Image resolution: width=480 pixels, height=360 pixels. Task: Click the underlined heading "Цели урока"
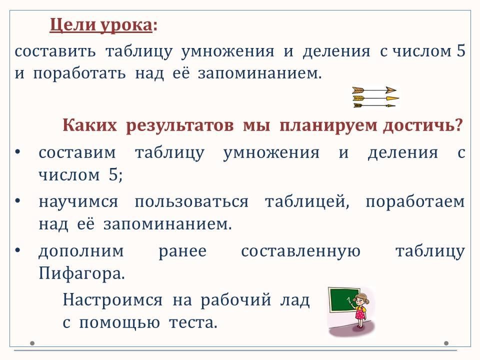(x=100, y=25)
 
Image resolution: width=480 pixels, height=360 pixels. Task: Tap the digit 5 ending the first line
(x=461, y=50)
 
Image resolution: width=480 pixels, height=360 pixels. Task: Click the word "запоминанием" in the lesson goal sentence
(x=259, y=73)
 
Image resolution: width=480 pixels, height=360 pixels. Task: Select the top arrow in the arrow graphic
(x=374, y=90)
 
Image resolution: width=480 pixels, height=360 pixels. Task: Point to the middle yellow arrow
(x=375, y=98)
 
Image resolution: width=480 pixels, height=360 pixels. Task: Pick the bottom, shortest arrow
(x=374, y=105)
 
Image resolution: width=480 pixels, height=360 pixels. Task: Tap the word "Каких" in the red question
(x=89, y=125)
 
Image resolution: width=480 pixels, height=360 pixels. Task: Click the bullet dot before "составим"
(x=17, y=151)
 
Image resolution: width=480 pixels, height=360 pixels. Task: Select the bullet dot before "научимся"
(x=17, y=201)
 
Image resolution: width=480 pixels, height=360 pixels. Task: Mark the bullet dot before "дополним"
(x=17, y=250)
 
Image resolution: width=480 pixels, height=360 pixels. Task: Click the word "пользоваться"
(x=191, y=201)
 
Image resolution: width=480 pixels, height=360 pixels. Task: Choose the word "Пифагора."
(x=81, y=273)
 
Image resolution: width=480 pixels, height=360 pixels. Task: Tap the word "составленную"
(x=300, y=251)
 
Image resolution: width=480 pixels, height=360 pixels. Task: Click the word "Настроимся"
(x=112, y=299)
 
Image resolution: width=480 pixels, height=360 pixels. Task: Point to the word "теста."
(x=193, y=322)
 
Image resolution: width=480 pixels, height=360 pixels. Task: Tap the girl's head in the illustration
(x=361, y=299)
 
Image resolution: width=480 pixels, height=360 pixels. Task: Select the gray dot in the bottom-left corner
(x=32, y=343)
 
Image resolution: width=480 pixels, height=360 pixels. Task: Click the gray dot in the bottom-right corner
(x=446, y=343)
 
